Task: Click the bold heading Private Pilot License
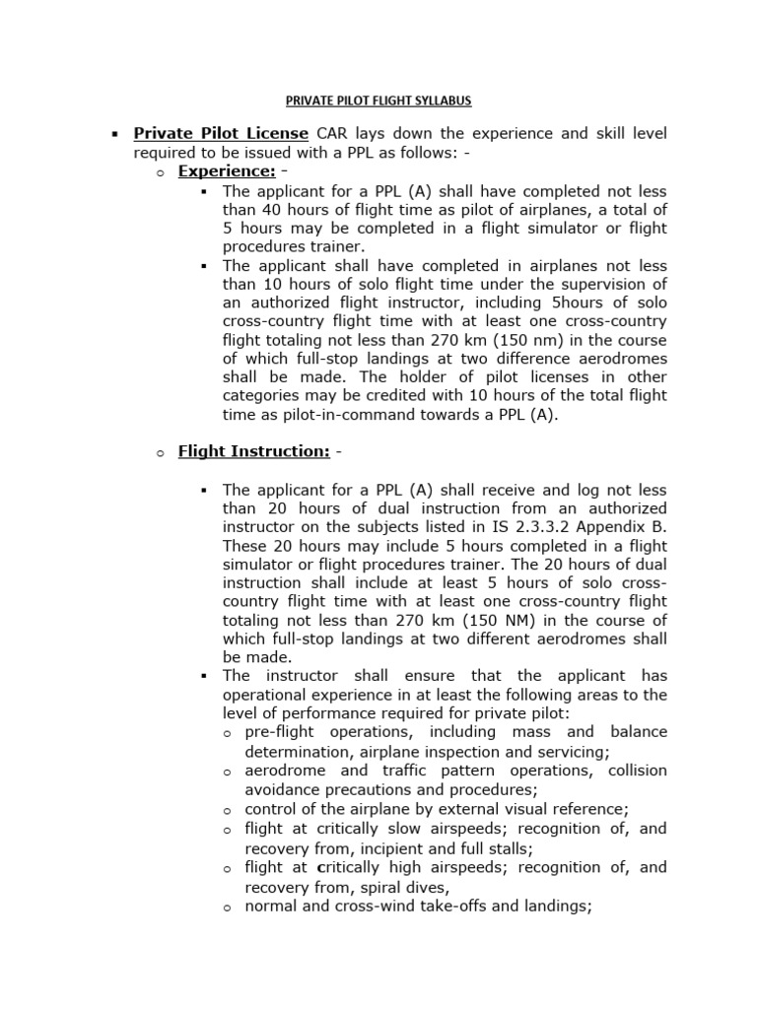(221, 133)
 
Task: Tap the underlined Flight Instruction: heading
(253, 452)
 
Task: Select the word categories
(263, 396)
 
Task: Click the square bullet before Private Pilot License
(115, 134)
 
